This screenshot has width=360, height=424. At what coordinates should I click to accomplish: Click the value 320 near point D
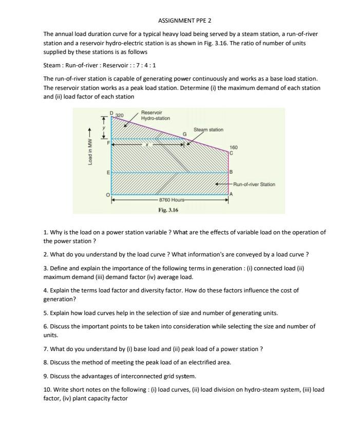(x=120, y=115)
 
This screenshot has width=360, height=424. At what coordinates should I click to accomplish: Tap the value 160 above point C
(x=233, y=148)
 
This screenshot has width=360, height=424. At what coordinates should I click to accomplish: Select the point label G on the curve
(x=185, y=134)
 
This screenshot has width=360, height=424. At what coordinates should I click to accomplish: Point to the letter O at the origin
(x=107, y=195)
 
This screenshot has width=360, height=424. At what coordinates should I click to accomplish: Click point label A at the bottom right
(x=232, y=194)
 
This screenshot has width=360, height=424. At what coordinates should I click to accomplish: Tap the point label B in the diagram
(x=231, y=171)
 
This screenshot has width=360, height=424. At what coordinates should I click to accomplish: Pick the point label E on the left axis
(x=107, y=172)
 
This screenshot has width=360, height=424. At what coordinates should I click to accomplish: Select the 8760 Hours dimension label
(x=172, y=199)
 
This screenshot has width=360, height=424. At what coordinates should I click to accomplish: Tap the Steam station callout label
(x=209, y=130)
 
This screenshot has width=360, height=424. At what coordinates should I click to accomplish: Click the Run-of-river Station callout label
(x=254, y=184)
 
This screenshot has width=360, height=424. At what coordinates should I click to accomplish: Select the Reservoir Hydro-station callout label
(x=155, y=115)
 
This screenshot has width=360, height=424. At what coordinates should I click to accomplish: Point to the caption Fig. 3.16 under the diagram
(x=168, y=210)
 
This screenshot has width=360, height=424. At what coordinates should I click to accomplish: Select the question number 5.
(x=45, y=312)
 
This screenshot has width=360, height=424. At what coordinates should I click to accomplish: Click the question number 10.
(x=47, y=389)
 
